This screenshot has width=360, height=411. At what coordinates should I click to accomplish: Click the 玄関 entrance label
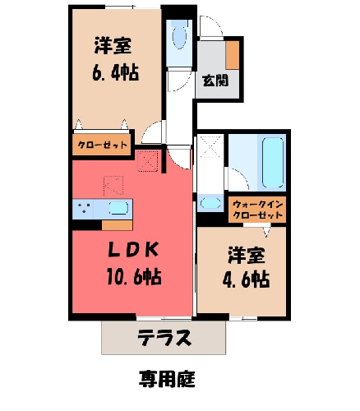point(215,81)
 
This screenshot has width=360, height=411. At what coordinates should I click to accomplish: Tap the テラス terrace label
point(164,337)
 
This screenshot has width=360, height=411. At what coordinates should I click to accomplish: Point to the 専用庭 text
point(167,379)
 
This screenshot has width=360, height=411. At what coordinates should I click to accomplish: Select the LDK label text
point(134,249)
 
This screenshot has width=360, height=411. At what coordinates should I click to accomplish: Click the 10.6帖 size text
point(134,276)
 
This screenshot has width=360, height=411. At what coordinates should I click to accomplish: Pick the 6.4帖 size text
point(115,72)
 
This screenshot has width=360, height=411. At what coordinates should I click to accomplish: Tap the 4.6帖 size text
point(246,279)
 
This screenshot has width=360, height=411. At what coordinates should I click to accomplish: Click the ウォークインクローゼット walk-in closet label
point(257,210)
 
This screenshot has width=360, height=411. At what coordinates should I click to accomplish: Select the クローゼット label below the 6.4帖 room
point(103,145)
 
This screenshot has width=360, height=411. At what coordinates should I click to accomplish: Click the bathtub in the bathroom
point(273,163)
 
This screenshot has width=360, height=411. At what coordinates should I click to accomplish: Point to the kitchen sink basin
point(118,208)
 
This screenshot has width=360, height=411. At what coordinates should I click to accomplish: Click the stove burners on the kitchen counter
point(84,208)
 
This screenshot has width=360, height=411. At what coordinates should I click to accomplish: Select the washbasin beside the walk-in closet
point(210,203)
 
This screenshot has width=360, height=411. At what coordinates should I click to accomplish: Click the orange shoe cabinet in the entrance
point(233,55)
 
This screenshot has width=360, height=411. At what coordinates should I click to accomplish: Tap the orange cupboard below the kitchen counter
point(118,225)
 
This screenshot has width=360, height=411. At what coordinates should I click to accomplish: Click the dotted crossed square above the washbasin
point(210,146)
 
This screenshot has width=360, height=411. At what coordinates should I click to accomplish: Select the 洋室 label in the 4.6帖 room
point(247,256)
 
